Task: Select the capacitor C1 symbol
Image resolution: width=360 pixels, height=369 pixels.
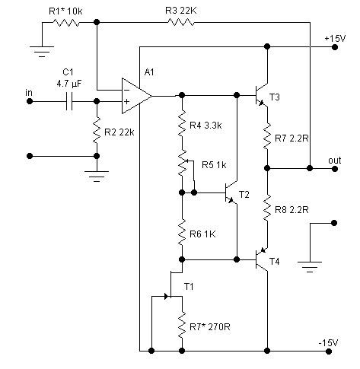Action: pyautogui.click(x=69, y=101)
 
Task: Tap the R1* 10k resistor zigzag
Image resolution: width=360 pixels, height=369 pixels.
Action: pyautogui.click(x=66, y=23)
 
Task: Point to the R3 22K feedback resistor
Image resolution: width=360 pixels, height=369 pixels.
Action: pyautogui.click(x=181, y=23)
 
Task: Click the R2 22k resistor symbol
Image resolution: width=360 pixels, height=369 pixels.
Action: pyautogui.click(x=97, y=130)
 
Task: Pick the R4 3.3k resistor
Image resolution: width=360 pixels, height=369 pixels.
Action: pyautogui.click(x=182, y=123)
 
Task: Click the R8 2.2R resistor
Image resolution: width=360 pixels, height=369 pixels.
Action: pyautogui.click(x=267, y=208)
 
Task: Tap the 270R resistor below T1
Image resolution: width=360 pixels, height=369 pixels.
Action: pyautogui.click(x=182, y=325)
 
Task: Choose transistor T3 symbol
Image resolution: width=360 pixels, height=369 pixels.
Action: pyautogui.click(x=261, y=96)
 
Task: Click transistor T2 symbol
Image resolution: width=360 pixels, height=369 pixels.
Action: pyautogui.click(x=231, y=193)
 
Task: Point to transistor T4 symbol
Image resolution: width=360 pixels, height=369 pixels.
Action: pyautogui.click(x=261, y=259)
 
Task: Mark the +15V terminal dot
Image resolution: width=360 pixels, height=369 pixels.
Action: pyautogui.click(x=335, y=47)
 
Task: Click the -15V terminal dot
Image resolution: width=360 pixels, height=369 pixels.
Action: pyautogui.click(x=329, y=352)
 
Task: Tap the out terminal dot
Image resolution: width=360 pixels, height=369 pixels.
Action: pyautogui.click(x=335, y=168)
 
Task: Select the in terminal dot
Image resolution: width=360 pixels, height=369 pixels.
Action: pyautogui.click(x=30, y=101)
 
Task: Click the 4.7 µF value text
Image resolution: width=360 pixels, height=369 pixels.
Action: pyautogui.click(x=69, y=84)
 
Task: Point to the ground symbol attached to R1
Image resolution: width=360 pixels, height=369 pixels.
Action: pyautogui.click(x=42, y=52)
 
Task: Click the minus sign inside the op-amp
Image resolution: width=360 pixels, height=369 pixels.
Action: pyautogui.click(x=126, y=90)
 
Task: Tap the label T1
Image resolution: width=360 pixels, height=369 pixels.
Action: pyautogui.click(x=189, y=287)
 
